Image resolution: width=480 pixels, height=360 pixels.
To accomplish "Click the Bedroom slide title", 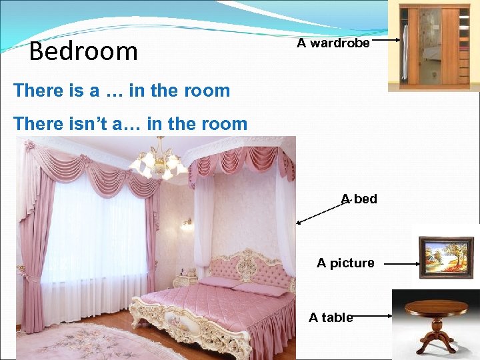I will [x=83, y=51].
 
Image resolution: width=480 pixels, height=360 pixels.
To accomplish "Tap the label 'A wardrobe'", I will [x=333, y=43].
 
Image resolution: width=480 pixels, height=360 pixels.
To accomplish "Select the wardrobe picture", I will [x=433, y=45].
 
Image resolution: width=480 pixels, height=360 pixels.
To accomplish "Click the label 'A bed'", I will [x=359, y=199].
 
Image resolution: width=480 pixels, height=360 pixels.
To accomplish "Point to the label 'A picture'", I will [x=345, y=263].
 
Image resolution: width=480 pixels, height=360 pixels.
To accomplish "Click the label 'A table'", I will [x=331, y=317].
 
